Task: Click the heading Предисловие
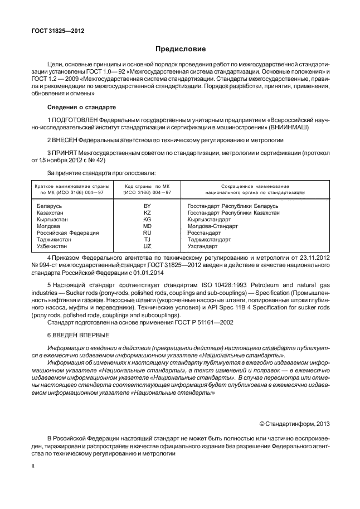(x=179, y=49)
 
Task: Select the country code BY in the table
(x=147, y=206)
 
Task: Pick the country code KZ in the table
(x=147, y=213)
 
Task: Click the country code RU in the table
(x=147, y=233)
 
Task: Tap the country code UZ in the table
(x=147, y=246)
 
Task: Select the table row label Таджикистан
(x=52, y=239)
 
